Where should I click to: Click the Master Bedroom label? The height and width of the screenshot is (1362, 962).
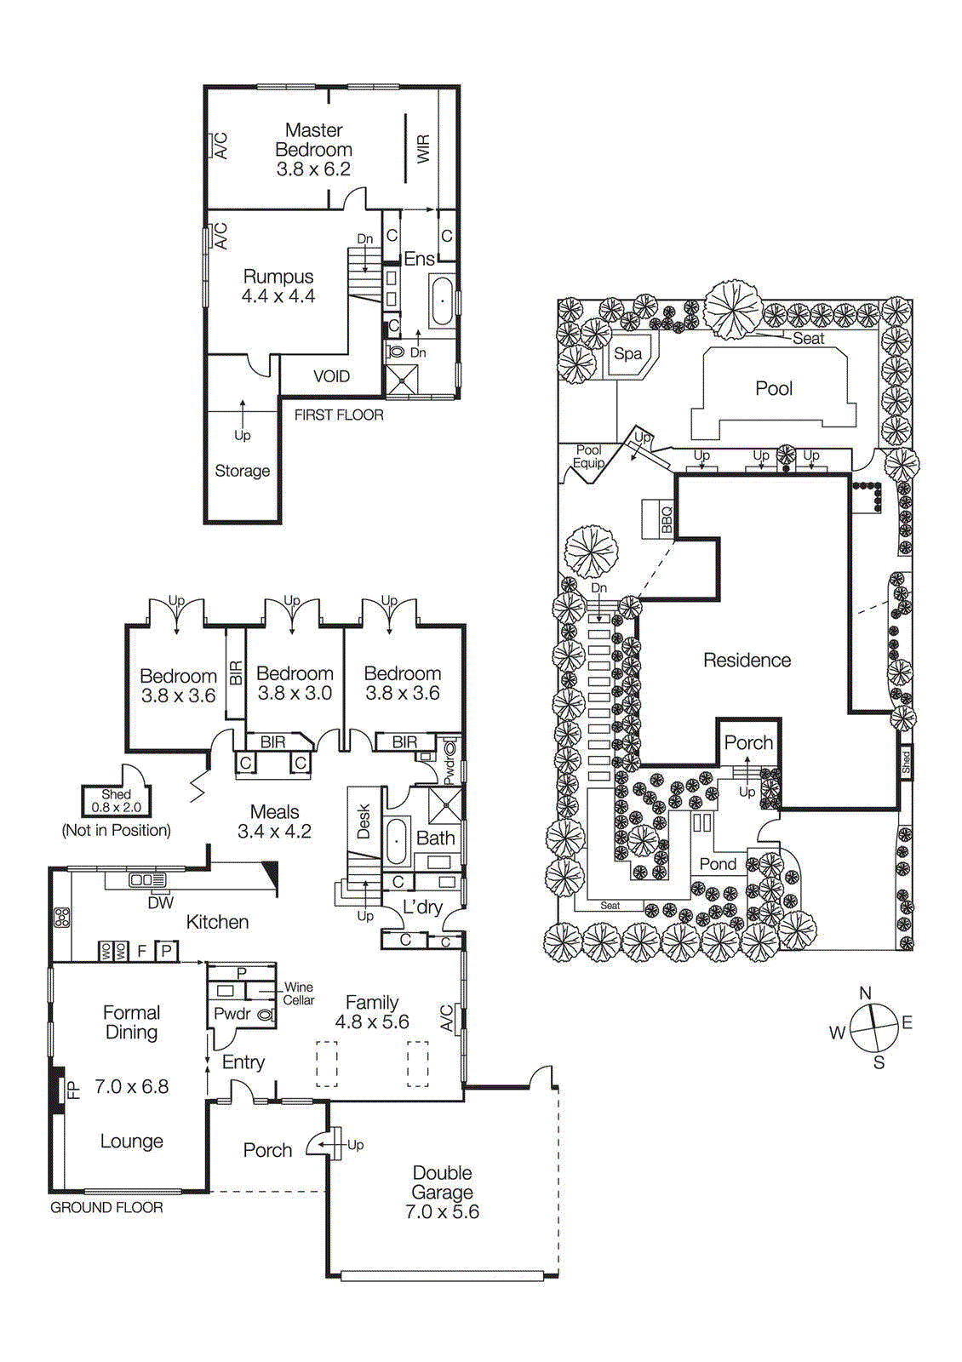pyautogui.click(x=313, y=149)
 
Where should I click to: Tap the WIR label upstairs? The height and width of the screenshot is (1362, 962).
pyautogui.click(x=423, y=149)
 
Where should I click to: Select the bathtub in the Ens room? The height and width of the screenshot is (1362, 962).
pyautogui.click(x=442, y=301)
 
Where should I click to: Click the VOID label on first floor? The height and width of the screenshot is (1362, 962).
pyautogui.click(x=331, y=376)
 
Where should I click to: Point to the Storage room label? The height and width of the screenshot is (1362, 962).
pyautogui.click(x=242, y=471)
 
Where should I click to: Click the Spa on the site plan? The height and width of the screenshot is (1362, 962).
pyautogui.click(x=628, y=354)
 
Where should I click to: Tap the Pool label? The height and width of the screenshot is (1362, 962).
pyautogui.click(x=773, y=388)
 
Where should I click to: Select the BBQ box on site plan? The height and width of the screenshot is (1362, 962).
pyautogui.click(x=667, y=518)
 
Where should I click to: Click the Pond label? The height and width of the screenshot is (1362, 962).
pyautogui.click(x=718, y=864)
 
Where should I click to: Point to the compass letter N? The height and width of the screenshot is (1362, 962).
pyautogui.click(x=865, y=993)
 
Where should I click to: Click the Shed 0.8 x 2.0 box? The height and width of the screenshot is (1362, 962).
pyautogui.click(x=116, y=801)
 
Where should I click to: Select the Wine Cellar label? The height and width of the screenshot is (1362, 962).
pyautogui.click(x=299, y=993)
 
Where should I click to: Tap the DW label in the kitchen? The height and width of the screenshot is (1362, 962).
pyautogui.click(x=160, y=903)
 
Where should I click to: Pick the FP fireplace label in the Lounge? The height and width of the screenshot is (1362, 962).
pyautogui.click(x=74, y=1089)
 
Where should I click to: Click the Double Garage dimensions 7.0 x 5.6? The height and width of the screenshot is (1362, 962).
pyautogui.click(x=442, y=1211)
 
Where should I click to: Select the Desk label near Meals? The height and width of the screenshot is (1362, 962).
pyautogui.click(x=364, y=821)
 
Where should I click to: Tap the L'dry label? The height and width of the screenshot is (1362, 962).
pyautogui.click(x=422, y=907)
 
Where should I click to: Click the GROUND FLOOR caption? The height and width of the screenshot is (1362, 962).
pyautogui.click(x=106, y=1207)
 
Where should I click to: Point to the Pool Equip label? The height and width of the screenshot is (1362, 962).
pyautogui.click(x=588, y=456)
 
